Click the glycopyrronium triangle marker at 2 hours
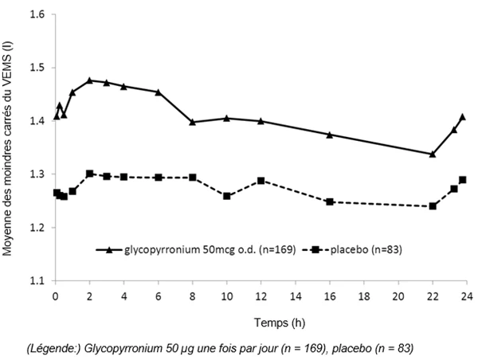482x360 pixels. click(x=89, y=80)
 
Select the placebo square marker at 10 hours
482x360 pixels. click(x=227, y=196)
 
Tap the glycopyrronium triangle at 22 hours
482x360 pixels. click(x=433, y=154)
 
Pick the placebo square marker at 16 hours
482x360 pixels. click(x=330, y=202)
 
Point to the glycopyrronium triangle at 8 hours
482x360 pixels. click(x=193, y=122)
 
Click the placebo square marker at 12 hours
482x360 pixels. click(x=261, y=181)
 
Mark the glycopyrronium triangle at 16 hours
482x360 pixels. click(x=330, y=135)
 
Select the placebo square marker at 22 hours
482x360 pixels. click(x=433, y=206)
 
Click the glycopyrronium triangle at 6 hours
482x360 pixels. click(x=159, y=92)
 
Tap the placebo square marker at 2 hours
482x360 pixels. click(x=89, y=174)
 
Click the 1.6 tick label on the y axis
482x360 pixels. click(x=37, y=14)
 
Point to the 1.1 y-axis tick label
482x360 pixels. click(x=37, y=280)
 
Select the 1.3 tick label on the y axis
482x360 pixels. click(x=37, y=174)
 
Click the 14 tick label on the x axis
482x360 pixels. click(x=296, y=296)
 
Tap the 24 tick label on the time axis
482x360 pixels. click(x=467, y=296)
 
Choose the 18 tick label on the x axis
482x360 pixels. click(x=364, y=296)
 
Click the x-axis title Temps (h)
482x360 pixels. click(x=280, y=323)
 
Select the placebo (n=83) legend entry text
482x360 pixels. click(x=366, y=249)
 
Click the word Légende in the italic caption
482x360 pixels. click(x=54, y=349)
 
